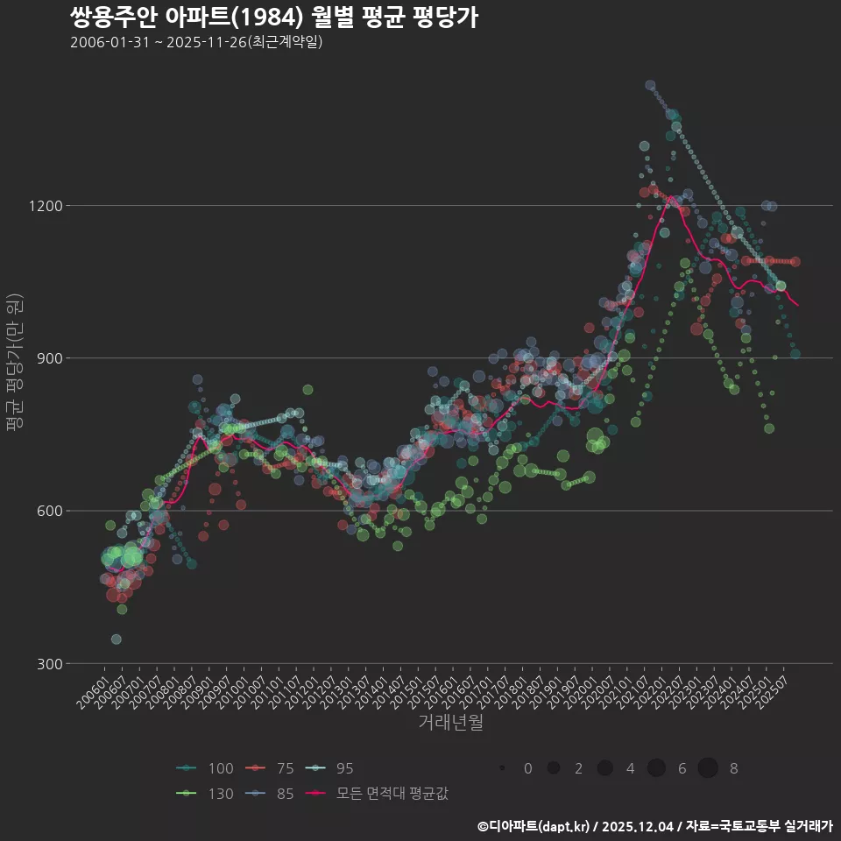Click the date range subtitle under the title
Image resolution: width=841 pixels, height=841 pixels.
click(x=196, y=42)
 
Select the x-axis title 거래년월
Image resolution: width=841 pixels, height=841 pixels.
click(x=450, y=722)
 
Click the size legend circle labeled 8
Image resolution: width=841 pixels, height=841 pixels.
click(x=708, y=768)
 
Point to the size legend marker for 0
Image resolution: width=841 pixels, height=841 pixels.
click(x=502, y=768)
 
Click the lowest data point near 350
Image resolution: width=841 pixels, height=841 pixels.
click(x=116, y=640)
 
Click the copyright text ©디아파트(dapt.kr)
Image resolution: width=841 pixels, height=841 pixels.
click(x=534, y=826)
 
